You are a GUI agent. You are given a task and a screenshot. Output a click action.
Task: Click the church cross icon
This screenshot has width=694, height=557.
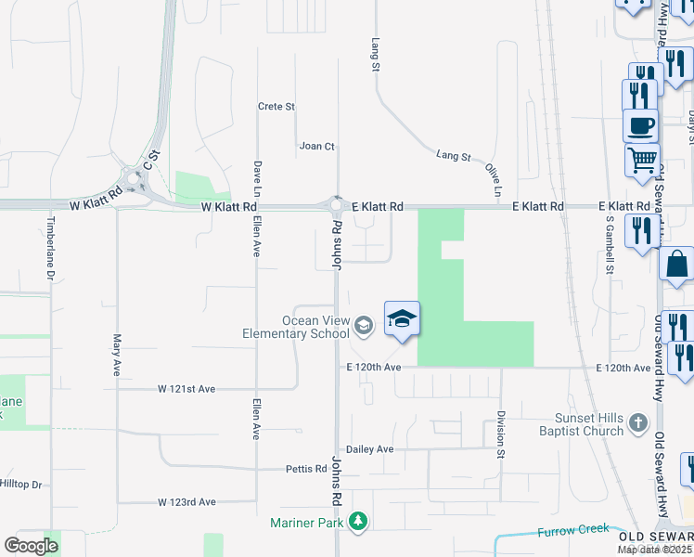click(x=637, y=424)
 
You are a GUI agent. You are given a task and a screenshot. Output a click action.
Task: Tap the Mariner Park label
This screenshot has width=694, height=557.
click(x=307, y=523)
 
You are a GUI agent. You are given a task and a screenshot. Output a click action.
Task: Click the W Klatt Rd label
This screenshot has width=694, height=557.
click(x=226, y=206)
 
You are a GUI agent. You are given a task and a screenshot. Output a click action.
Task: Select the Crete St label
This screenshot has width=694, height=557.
click(x=276, y=107)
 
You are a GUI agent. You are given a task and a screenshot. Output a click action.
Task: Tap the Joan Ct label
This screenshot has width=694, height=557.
click(x=316, y=146)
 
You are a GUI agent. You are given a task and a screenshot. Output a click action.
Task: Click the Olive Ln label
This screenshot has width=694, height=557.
click(x=493, y=179)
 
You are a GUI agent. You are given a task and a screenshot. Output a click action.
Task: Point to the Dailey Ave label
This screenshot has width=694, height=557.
click(x=370, y=449)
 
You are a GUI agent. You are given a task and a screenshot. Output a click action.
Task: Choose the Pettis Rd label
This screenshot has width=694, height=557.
click(x=307, y=469)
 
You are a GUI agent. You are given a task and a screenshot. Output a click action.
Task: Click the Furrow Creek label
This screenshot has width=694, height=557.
click(x=572, y=532)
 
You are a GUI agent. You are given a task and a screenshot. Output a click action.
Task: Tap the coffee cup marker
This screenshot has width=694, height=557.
click(x=639, y=124)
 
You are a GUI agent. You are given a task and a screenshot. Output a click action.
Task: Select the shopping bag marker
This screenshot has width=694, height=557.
click(x=676, y=263)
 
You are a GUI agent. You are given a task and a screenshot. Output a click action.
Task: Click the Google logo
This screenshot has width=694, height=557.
click(x=31, y=546)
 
